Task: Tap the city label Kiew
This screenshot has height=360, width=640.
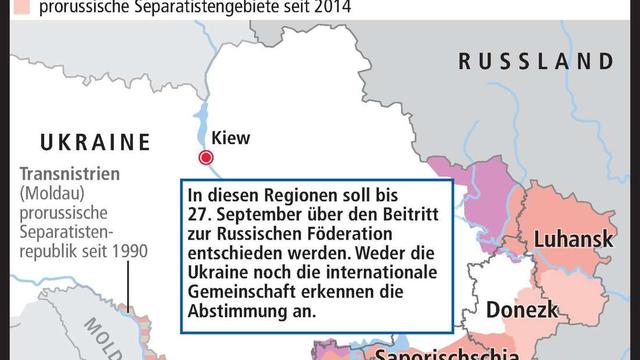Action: tap(232, 138)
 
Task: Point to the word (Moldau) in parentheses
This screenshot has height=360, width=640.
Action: tap(51, 191)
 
